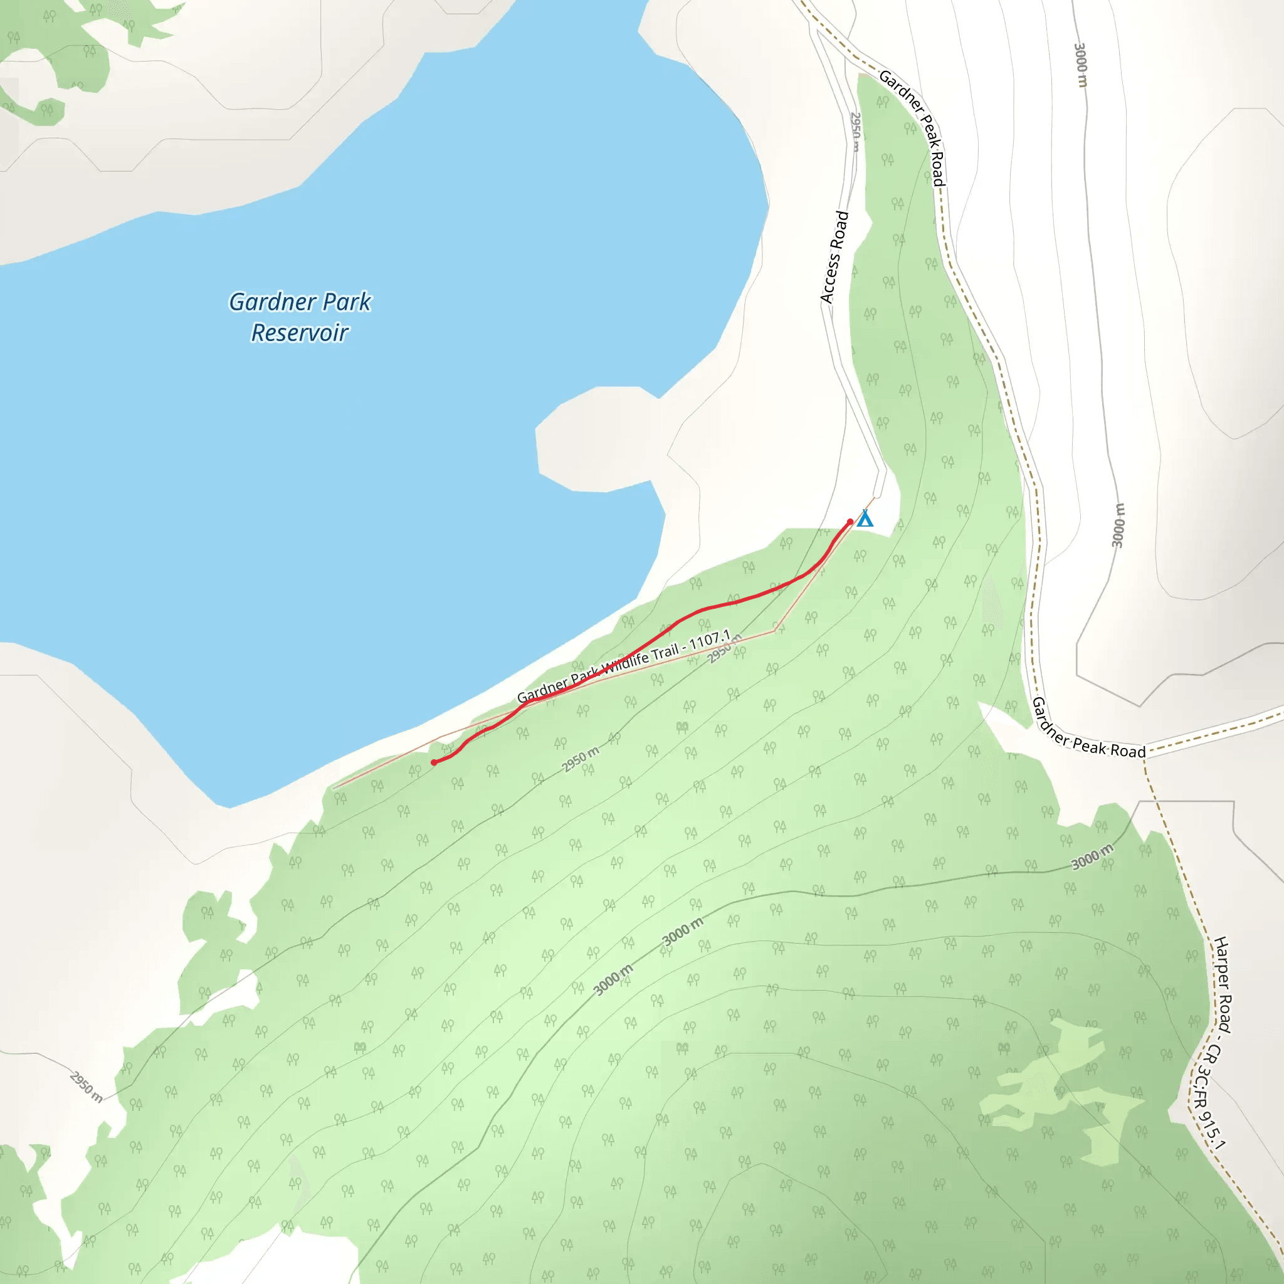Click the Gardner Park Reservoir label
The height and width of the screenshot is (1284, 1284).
(300, 317)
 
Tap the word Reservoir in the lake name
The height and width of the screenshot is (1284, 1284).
(300, 332)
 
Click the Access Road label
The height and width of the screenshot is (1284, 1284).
(834, 257)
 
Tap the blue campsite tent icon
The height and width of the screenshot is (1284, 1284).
(864, 518)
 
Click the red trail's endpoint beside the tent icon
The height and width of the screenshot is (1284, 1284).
(850, 522)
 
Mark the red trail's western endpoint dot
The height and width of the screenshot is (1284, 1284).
(434, 762)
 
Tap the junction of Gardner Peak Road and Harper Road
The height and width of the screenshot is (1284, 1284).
(1144, 755)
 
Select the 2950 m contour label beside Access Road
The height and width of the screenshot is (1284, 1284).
(856, 131)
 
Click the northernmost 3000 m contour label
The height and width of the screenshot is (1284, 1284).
(1081, 65)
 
